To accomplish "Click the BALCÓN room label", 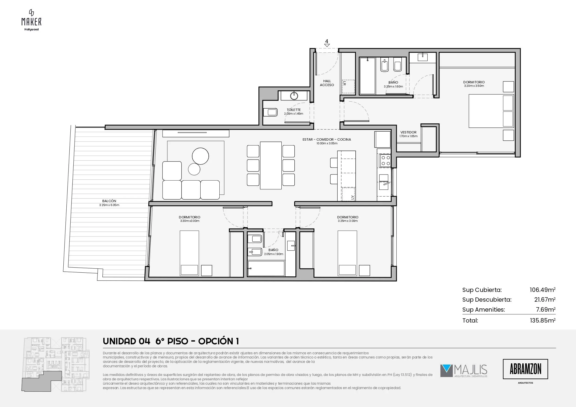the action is tap(109, 201).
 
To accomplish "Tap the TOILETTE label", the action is tap(293, 110).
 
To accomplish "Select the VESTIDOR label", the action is tap(408, 132).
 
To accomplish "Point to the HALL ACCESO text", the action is tap(327, 83).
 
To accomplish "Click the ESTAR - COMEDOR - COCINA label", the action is tap(327, 139).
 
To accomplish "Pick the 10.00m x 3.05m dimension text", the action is tap(327, 143).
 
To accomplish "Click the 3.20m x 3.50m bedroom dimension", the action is tap(474, 86).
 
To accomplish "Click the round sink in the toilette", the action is tap(294, 96).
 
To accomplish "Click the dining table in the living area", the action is tap(271, 165).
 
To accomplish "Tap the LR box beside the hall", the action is tap(348, 86).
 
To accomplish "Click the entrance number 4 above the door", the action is tap(326, 41).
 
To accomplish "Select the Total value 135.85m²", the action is tap(543, 320).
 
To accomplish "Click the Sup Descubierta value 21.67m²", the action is tap(545, 299).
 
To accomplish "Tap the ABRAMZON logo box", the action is tap(525, 369).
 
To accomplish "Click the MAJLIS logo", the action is tap(464, 371).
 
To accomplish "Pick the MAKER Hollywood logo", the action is tap(31, 20).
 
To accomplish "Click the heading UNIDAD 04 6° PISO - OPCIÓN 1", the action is tap(171, 341).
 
